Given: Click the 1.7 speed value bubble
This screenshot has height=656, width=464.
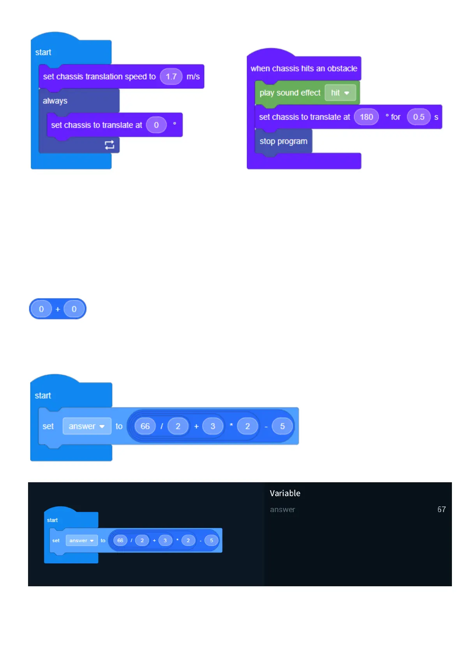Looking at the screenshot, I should click(x=171, y=77).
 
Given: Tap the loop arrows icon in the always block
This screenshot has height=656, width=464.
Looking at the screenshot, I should click(x=109, y=145).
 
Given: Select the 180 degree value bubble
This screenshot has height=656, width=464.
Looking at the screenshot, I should click(x=366, y=117).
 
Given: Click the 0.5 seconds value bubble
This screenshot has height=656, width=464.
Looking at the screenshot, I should click(x=418, y=117).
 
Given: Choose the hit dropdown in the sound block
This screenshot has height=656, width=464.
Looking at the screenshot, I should click(x=340, y=93).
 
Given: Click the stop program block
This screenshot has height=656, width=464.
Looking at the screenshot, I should click(x=283, y=141).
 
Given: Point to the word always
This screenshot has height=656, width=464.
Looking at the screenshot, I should click(x=55, y=101).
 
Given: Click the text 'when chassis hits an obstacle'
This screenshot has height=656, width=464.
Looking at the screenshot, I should click(x=304, y=69).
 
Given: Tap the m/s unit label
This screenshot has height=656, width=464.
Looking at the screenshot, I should click(x=193, y=77).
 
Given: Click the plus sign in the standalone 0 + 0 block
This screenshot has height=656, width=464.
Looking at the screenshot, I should click(x=58, y=309).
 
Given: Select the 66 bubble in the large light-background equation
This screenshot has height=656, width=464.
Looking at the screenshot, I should click(x=145, y=426).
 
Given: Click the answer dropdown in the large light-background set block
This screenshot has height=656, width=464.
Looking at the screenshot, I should click(x=86, y=426).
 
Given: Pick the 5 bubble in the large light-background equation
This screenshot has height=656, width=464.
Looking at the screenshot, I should click(x=282, y=426).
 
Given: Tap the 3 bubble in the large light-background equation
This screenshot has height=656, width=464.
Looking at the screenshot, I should click(x=213, y=426).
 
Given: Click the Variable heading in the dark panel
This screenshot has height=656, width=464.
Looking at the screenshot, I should click(x=285, y=493).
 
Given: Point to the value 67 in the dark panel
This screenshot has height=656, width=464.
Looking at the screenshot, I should click(x=441, y=510).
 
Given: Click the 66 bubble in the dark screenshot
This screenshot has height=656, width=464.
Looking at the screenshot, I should click(x=120, y=540).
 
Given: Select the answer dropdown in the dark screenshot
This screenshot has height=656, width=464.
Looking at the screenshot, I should click(x=81, y=540).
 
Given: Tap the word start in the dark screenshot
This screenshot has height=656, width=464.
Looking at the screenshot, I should click(x=52, y=520).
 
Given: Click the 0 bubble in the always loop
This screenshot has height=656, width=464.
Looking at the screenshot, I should click(x=156, y=125).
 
